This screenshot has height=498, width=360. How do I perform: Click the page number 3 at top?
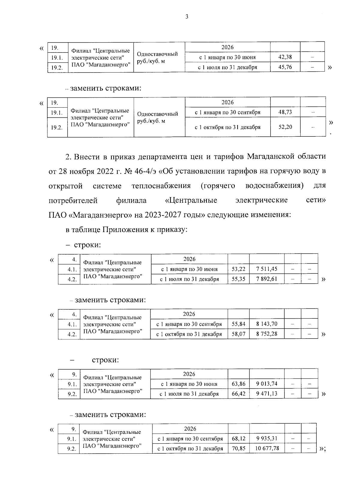tap(187, 17)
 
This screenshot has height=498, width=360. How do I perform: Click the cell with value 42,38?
tap(285, 57)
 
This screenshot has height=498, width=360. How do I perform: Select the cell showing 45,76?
tap(285, 67)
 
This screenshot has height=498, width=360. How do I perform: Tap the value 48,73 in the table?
tap(285, 112)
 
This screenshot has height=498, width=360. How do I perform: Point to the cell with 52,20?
tap(285, 127)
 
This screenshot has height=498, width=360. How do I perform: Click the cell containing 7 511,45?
tap(267, 269)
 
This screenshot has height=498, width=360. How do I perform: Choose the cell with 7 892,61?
tap(267, 279)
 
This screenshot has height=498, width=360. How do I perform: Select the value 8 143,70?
tap(267, 324)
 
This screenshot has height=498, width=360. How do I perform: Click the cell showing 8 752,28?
tap(267, 334)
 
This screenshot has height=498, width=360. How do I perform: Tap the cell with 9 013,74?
tap(267, 384)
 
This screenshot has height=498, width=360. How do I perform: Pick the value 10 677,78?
tap(267, 448)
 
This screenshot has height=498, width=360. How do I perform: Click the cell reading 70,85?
tap(238, 448)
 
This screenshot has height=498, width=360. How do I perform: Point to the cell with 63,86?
tap(238, 384)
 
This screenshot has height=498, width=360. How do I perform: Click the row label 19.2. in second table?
tap(57, 127)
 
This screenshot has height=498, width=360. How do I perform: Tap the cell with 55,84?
tap(238, 324)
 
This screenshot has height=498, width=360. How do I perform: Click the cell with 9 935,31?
tap(267, 438)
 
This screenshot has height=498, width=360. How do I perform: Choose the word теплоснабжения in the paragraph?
tap(161, 186)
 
